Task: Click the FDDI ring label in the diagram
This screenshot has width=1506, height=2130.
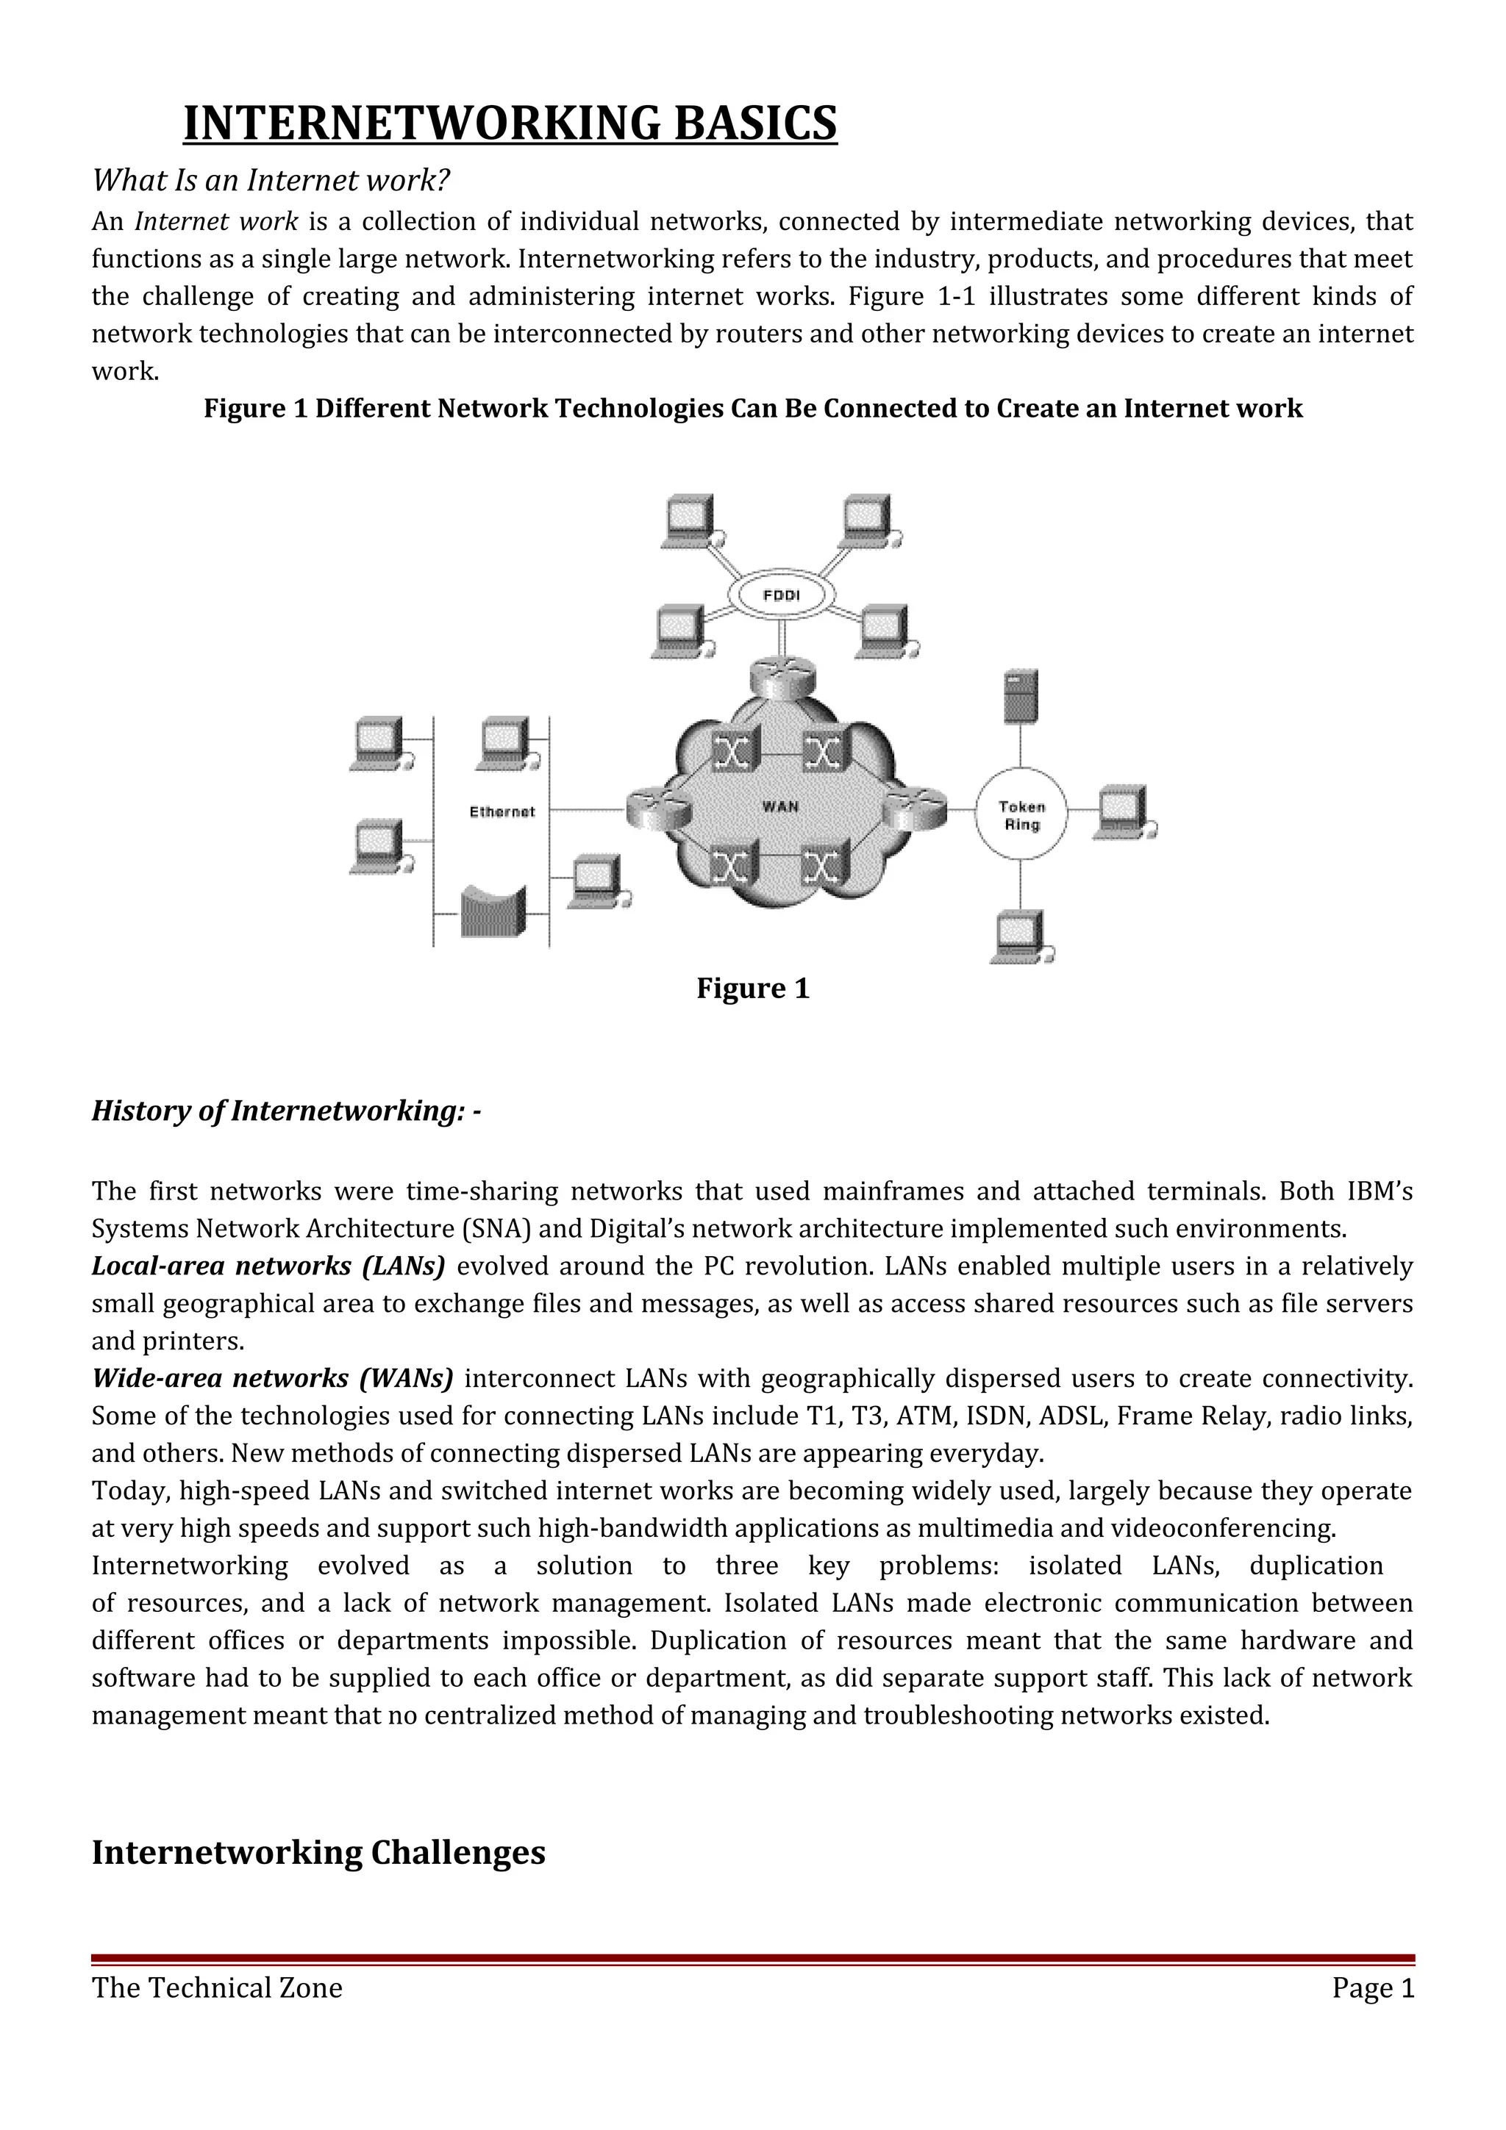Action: click(781, 595)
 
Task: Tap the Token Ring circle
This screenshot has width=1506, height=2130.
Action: click(1021, 815)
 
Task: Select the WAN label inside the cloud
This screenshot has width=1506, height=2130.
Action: click(780, 806)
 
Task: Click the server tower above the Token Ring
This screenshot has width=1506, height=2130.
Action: click(1021, 696)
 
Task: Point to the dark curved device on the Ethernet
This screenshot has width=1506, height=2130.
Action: click(493, 912)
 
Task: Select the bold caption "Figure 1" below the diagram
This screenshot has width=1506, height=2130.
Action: click(752, 989)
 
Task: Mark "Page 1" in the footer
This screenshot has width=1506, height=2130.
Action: click(1372, 1988)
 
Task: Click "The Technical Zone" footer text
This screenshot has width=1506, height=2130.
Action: click(217, 1988)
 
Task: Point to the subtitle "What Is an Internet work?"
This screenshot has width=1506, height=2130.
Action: click(270, 180)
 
